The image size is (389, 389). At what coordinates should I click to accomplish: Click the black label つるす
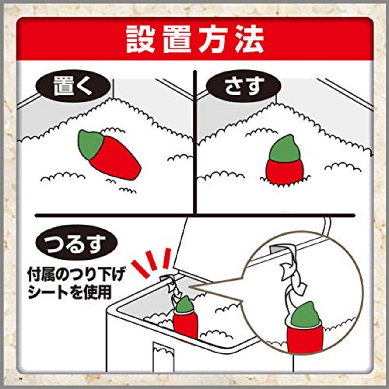[76, 243]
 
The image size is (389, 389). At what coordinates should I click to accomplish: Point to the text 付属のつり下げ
[76, 274]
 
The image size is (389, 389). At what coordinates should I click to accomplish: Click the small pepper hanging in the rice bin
[185, 318]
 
